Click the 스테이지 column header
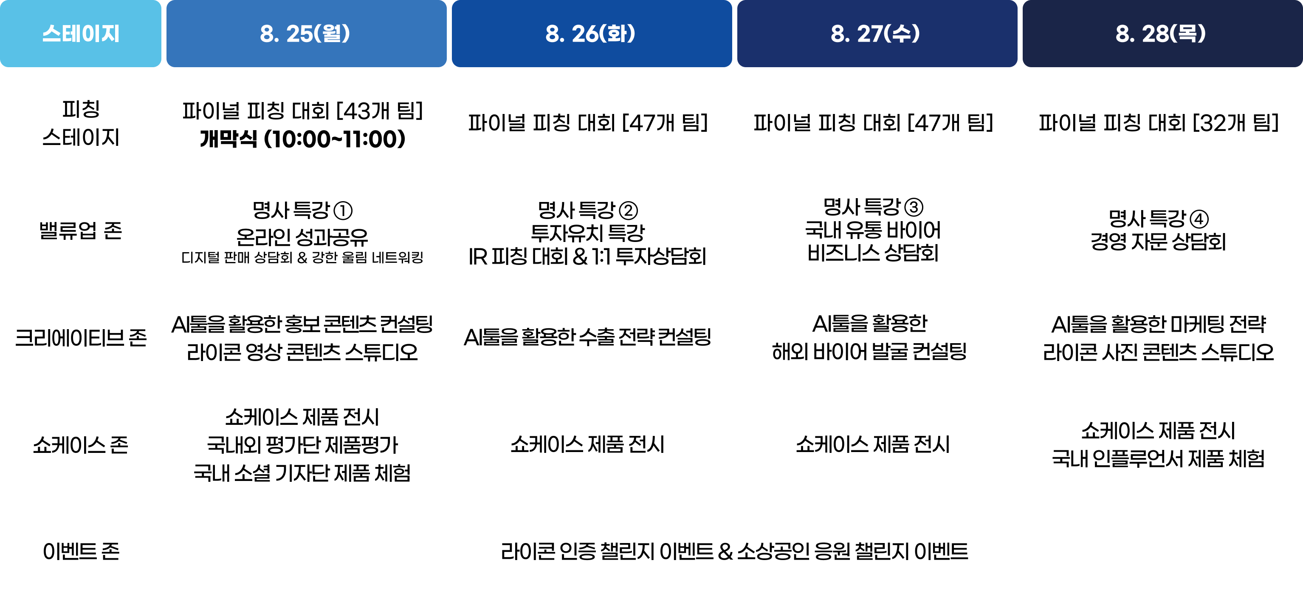(x=80, y=34)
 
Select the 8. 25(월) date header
(x=305, y=34)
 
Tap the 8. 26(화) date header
(x=590, y=34)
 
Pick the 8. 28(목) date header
(x=1161, y=34)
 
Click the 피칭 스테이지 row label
(x=80, y=123)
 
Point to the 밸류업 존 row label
(x=80, y=231)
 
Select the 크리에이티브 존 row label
(x=80, y=338)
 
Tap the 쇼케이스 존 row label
(x=80, y=445)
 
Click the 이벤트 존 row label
(x=80, y=552)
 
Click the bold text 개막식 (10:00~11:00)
(x=302, y=139)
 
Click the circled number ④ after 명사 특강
(x=1199, y=219)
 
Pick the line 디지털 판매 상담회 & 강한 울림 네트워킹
(x=302, y=258)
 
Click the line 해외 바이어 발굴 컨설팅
(x=869, y=351)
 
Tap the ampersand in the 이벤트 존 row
(x=725, y=552)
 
